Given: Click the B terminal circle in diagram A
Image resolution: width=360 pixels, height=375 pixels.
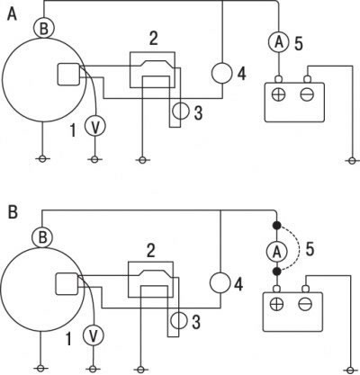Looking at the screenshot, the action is pos(44,28).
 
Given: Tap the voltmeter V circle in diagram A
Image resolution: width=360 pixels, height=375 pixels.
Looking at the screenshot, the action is pos(95,126).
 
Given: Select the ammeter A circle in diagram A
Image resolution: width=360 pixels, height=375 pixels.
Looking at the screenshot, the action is pos(278,41).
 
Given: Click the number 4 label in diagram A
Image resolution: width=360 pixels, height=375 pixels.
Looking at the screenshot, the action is pos(241,74).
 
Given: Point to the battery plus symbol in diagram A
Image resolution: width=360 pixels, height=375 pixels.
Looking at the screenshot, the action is pos(278,94).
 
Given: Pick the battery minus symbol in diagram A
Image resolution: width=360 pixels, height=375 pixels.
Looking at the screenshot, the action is pos(307,94).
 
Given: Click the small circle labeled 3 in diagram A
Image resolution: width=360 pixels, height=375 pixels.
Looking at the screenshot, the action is pos(181,112).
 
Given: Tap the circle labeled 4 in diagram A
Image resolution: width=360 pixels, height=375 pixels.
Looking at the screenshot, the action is pos(222,73).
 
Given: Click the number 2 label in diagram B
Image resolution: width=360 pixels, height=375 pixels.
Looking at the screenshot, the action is pos(151,251).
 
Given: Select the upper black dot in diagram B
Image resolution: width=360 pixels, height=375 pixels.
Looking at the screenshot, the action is pos(276,225).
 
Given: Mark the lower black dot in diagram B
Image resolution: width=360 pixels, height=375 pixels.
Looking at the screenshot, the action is pos(276,272).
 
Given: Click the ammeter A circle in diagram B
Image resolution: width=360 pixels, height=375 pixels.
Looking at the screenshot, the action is pos(276,252).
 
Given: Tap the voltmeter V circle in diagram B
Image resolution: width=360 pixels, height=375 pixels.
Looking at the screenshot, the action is pos(94,335).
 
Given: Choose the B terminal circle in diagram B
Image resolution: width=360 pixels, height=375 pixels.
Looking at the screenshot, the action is pos(42,237).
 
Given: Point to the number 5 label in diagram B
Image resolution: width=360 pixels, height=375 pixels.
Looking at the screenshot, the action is pos(310,249).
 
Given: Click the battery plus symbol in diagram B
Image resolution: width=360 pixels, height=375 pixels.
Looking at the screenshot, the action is pos(276,305).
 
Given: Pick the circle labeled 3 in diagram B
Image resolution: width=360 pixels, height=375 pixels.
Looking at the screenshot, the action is pos(179,321).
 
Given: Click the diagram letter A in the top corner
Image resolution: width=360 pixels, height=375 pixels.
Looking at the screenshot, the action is pos(12,13).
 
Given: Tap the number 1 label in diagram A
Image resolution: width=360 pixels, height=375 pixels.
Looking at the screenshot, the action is pos(73,130).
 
